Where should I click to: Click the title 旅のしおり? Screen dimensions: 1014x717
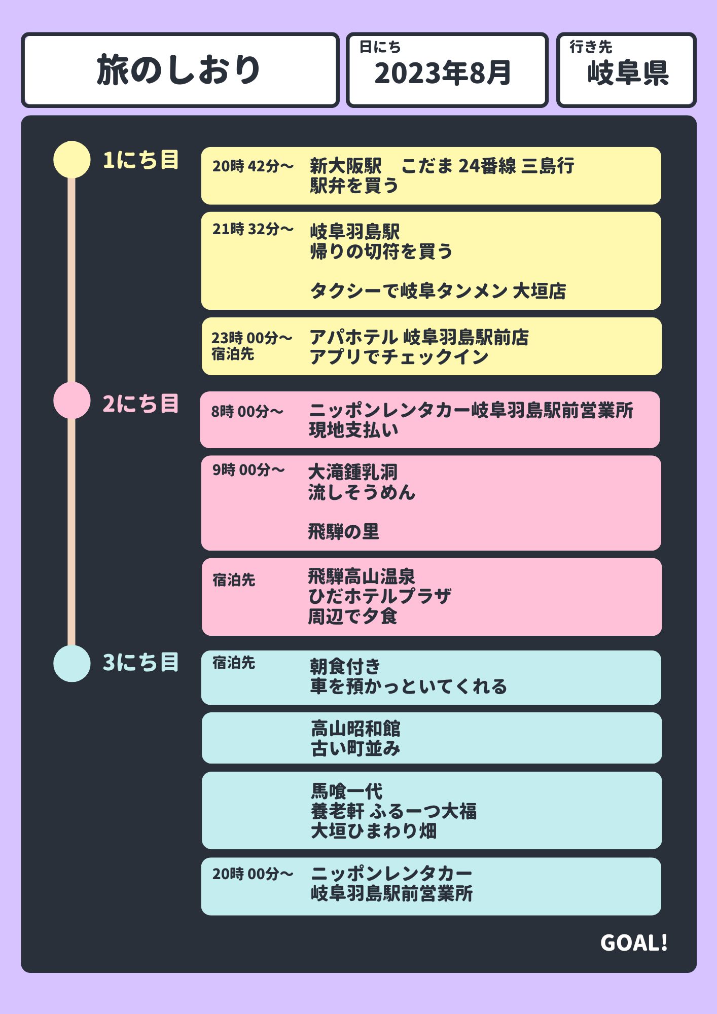[178, 70]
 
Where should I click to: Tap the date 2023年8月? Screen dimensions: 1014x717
[443, 73]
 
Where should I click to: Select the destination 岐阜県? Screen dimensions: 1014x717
[628, 73]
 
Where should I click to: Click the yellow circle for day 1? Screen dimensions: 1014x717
[71, 160]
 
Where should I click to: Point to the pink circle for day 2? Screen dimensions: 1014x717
[71, 401]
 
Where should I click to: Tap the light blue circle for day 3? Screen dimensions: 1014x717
[71, 663]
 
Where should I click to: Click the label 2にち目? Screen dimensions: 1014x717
[140, 404]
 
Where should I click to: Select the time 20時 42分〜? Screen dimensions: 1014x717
[253, 166]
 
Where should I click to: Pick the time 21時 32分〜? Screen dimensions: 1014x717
[253, 229]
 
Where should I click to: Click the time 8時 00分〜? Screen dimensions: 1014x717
[247, 411]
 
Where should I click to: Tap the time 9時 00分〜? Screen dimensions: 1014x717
[248, 470]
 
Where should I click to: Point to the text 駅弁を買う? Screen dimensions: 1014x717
[354, 186]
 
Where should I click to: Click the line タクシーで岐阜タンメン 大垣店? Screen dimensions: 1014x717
[438, 291]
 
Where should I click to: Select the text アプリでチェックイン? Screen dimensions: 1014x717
[399, 357]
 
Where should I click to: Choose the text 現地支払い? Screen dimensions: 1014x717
[353, 430]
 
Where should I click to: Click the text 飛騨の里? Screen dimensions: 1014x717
[343, 532]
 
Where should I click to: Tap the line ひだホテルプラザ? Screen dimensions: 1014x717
[380, 596]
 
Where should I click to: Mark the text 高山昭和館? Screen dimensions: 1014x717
[355, 729]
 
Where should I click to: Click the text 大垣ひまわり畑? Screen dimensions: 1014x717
[374, 831]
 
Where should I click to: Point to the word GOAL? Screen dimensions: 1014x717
[634, 943]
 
